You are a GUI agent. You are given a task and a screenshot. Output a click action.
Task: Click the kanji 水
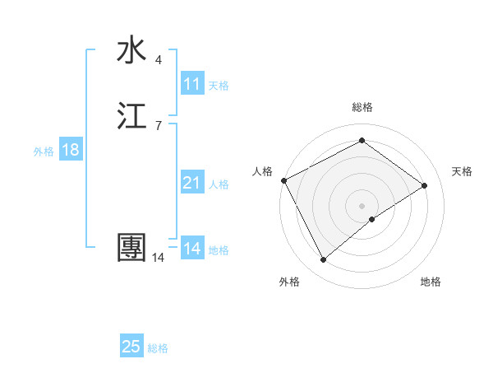[131, 50]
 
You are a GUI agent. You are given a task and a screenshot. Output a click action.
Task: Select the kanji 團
[131, 248]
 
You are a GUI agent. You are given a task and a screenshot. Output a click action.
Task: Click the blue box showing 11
[192, 84]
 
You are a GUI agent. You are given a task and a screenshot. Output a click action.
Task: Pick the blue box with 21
[192, 183]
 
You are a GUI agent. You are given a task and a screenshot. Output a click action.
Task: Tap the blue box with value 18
[70, 150]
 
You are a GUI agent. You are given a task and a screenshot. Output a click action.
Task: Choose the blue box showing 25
[131, 347]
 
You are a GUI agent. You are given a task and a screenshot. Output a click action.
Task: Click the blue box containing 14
[192, 249]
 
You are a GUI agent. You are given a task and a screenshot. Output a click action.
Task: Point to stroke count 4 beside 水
[159, 59]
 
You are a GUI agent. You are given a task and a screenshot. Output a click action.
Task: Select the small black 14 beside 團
[158, 258]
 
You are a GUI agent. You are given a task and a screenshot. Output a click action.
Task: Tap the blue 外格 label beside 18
[44, 151]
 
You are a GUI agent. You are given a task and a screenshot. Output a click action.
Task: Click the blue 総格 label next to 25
[158, 348]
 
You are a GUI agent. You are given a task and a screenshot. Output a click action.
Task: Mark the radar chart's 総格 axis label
[362, 107]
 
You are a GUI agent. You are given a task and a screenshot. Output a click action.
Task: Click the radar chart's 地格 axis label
[431, 282]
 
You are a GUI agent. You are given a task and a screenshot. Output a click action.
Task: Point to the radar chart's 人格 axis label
[263, 171]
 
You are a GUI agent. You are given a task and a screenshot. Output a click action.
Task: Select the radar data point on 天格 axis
[425, 185]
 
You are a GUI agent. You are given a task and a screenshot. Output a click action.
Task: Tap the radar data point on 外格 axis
[323, 260]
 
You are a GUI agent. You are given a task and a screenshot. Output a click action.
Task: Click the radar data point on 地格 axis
[372, 219]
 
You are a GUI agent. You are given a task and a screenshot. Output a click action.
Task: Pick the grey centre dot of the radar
[362, 205]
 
